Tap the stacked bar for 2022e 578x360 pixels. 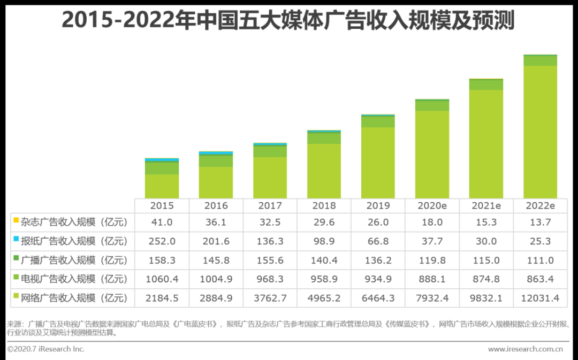(540, 127)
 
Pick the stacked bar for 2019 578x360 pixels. (378, 157)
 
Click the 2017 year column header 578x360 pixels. (270, 206)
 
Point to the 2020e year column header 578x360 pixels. (432, 206)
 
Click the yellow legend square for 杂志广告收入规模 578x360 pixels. (16, 220)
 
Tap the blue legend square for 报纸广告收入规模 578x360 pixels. (16, 240)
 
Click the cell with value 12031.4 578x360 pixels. (540, 298)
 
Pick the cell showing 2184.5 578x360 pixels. (162, 298)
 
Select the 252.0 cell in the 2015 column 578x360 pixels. (162, 241)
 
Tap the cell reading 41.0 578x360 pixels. (162, 221)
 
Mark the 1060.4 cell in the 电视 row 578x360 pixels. (162, 279)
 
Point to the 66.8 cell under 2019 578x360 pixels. (378, 241)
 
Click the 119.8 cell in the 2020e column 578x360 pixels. (432, 260)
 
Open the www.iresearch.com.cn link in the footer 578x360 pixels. (525, 349)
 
